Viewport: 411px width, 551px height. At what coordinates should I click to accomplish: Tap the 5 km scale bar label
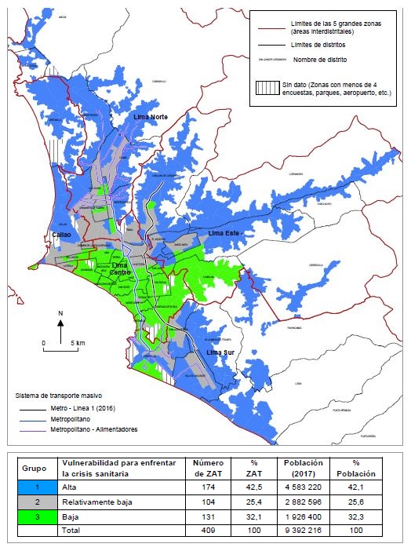tap(77, 344)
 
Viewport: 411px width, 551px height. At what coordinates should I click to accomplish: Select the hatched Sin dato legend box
tap(269, 87)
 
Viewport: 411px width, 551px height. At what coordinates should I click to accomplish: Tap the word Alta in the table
tap(70, 487)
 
